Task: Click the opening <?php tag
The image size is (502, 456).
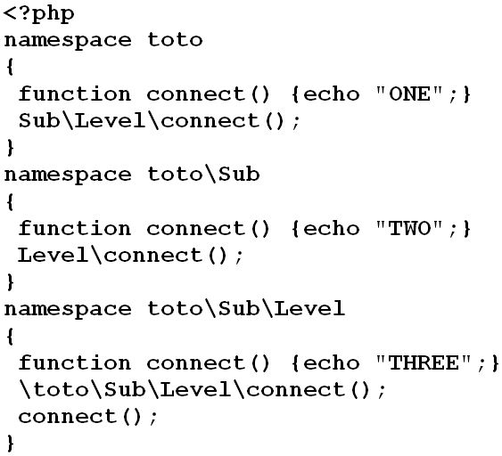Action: [x=38, y=14]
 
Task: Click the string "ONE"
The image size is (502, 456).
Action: [x=409, y=94]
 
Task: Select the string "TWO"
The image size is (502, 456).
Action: [x=409, y=228]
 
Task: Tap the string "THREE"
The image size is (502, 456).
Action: [x=424, y=362]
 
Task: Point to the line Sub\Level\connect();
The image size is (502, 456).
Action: [x=159, y=121]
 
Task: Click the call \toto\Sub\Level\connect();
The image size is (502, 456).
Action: [x=202, y=390]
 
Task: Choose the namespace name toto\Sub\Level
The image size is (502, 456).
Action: [x=246, y=308]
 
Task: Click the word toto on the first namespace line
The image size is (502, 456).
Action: [x=175, y=40]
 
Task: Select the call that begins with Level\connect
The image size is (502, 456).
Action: [x=130, y=256]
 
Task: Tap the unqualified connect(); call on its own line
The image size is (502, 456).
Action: [x=88, y=417]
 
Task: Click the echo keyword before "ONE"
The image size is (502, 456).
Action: [x=331, y=94]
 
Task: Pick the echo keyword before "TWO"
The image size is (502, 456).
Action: [x=331, y=228]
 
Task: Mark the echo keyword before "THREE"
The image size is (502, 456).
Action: [x=331, y=362]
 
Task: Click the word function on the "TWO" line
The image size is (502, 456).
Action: [x=75, y=228]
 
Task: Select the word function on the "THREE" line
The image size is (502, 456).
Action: [x=75, y=362]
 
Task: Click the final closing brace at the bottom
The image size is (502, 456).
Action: [x=10, y=443]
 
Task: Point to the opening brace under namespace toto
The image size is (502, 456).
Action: [x=10, y=67]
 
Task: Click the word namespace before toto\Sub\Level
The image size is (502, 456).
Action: [x=68, y=310]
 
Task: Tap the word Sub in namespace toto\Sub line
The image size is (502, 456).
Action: [x=239, y=174]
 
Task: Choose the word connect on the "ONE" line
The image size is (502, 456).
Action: [x=196, y=94]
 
